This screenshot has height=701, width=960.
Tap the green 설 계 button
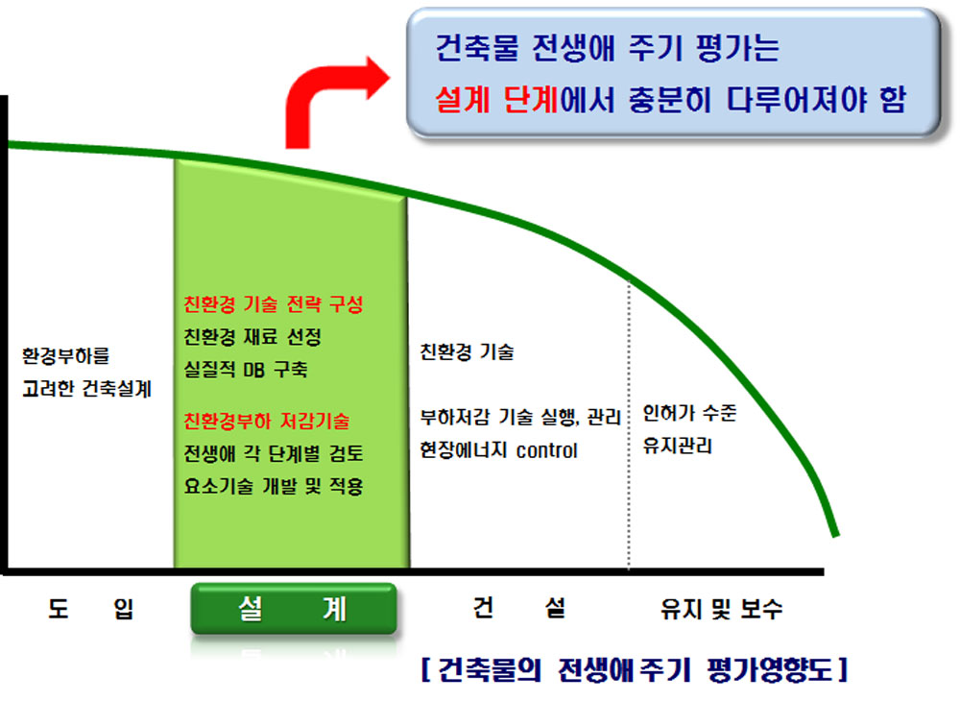point(294,608)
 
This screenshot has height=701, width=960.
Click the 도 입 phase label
point(90,609)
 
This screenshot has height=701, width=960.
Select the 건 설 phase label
point(519,607)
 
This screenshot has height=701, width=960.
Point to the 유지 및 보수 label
point(721,609)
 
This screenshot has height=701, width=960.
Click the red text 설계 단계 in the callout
point(496,99)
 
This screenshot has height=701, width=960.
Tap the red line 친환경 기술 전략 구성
point(274,303)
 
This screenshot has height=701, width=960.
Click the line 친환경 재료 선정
point(252,336)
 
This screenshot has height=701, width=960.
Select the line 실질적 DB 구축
point(246,369)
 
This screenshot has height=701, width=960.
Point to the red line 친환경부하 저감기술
point(266,421)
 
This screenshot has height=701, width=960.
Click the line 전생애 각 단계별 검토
point(274,453)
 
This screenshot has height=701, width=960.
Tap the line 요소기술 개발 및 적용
point(274,486)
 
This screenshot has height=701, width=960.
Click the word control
point(547,450)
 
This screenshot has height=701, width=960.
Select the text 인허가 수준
point(689,413)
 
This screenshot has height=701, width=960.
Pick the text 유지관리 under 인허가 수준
point(677,446)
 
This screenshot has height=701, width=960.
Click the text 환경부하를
point(65,355)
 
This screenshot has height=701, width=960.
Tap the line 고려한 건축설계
point(86,388)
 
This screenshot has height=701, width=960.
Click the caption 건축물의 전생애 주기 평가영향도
point(635,669)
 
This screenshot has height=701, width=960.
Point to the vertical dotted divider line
point(629,424)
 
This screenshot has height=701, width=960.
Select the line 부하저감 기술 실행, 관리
point(520,418)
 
